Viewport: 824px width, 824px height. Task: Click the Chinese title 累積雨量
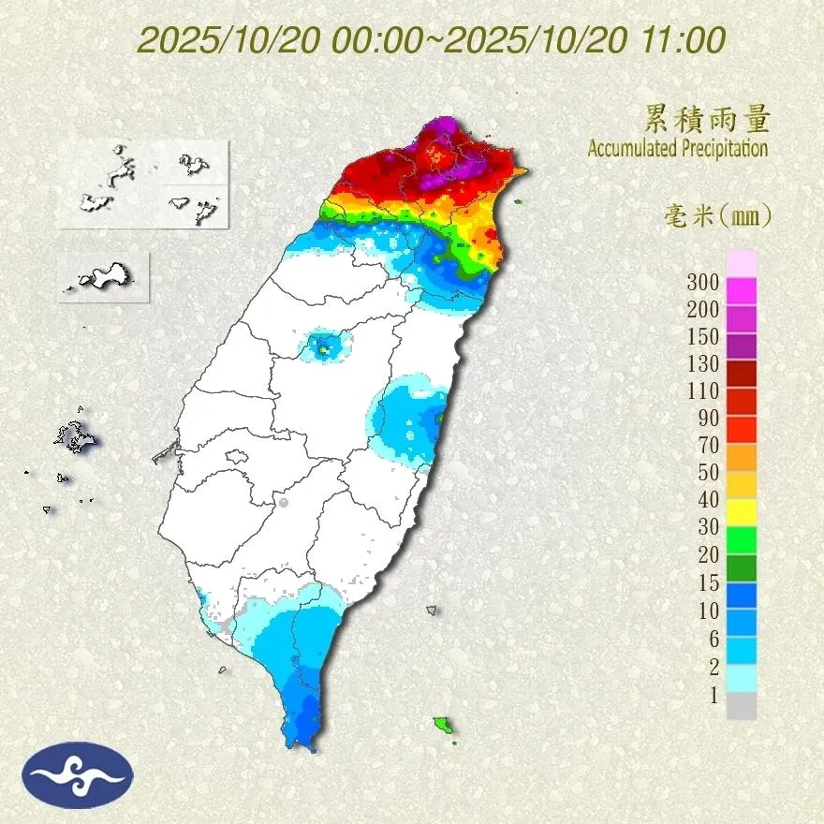tap(707, 119)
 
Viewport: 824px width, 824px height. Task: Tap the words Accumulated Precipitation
tap(678, 148)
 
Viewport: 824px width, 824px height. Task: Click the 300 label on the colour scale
tap(702, 282)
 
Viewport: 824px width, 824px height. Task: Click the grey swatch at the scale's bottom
tap(742, 706)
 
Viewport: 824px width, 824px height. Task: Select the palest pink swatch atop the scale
tap(742, 263)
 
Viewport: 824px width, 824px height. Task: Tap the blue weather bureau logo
tap(79, 774)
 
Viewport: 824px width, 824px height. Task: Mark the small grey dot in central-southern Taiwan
tap(283, 503)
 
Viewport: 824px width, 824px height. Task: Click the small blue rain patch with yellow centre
tap(322, 348)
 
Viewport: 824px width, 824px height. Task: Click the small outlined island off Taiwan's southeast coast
tap(432, 610)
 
